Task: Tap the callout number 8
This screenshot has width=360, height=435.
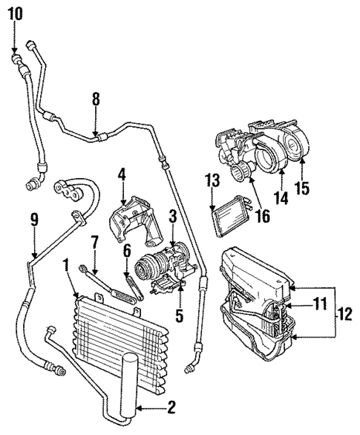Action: [95, 98]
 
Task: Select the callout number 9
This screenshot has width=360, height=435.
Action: [32, 220]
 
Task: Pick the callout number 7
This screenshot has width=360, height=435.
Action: [127, 252]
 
